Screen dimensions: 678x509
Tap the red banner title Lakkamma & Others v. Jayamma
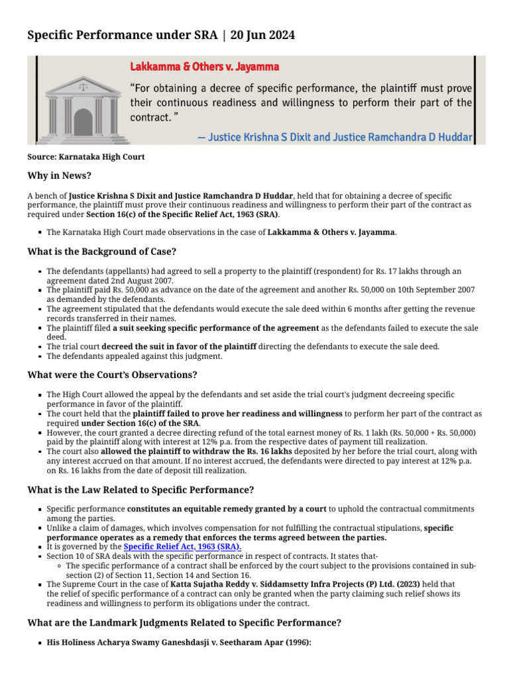[204, 67]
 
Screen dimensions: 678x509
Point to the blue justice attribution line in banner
[335, 138]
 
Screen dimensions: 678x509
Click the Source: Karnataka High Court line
[85, 157]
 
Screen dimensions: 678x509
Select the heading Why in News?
[59, 176]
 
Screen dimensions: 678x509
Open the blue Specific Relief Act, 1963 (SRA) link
[182, 547]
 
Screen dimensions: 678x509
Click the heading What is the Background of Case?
[101, 252]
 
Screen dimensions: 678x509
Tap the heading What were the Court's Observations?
[112, 375]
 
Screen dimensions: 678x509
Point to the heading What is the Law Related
[141, 490]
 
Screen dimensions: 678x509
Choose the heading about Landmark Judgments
[184, 623]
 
